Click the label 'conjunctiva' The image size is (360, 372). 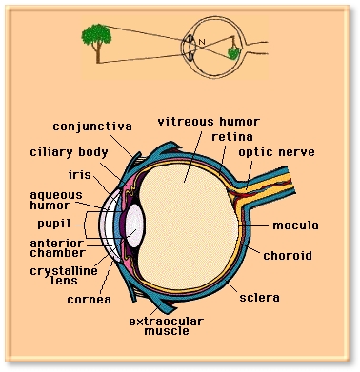click(92, 127)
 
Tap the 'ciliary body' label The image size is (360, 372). click(69, 152)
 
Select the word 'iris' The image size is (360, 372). click(80, 174)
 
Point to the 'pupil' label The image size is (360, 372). click(54, 224)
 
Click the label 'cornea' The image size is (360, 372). click(90, 300)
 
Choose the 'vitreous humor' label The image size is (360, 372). click(209, 122)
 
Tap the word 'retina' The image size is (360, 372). click(232, 137)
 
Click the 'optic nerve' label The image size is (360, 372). click(276, 152)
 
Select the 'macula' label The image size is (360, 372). click(295, 225)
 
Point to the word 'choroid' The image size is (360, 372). click(288, 255)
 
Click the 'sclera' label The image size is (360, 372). click(259, 298)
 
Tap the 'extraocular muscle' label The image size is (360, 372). click(166, 326)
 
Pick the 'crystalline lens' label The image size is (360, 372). click(64, 276)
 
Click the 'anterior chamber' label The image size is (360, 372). click(58, 248)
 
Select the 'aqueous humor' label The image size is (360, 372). click(56, 200)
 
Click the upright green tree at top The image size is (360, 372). click(96, 43)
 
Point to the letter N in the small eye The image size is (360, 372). click(202, 42)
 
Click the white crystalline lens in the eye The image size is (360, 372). click(135, 225)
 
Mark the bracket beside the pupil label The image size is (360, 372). click(85, 225)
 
